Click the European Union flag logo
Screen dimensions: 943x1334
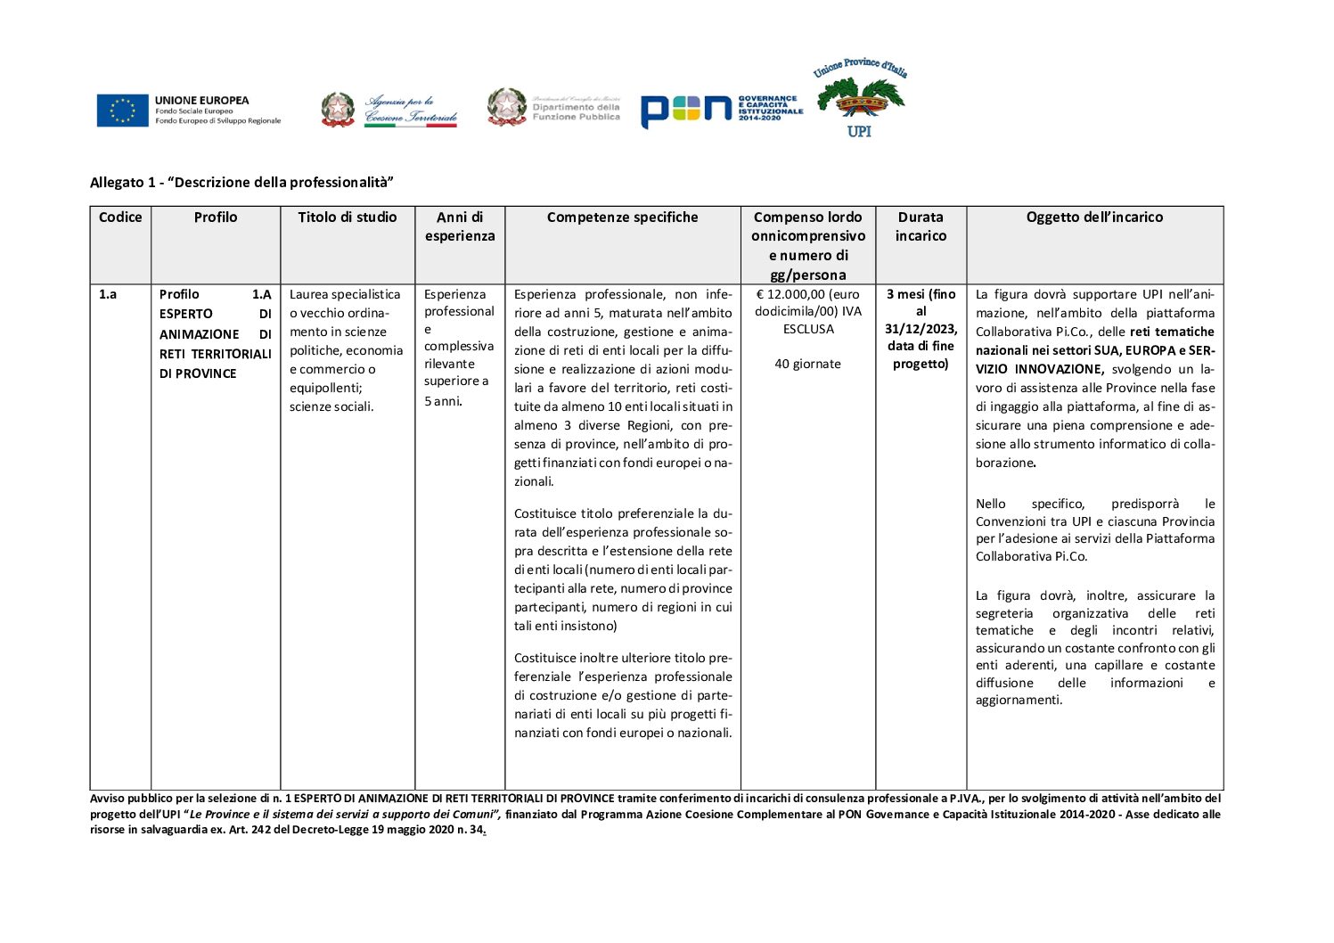tap(123, 111)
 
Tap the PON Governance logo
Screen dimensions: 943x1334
tap(721, 109)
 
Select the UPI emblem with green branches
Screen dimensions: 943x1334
tap(860, 99)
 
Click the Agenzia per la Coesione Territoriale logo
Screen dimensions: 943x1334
tap(389, 110)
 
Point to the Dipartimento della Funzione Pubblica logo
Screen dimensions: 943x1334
tap(553, 107)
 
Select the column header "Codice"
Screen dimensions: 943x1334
tap(120, 217)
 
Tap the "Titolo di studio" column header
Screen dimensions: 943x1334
tap(348, 217)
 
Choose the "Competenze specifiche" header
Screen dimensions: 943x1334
tap(622, 217)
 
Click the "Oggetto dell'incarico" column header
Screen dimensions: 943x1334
tap(1094, 217)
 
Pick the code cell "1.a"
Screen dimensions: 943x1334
tap(108, 294)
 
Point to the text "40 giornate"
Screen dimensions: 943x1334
tap(807, 364)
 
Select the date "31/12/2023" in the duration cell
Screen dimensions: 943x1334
tap(921, 329)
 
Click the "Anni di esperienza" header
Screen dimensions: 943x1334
tap(460, 226)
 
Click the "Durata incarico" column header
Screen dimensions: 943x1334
tap(921, 226)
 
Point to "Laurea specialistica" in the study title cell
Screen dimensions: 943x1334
tap(345, 294)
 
